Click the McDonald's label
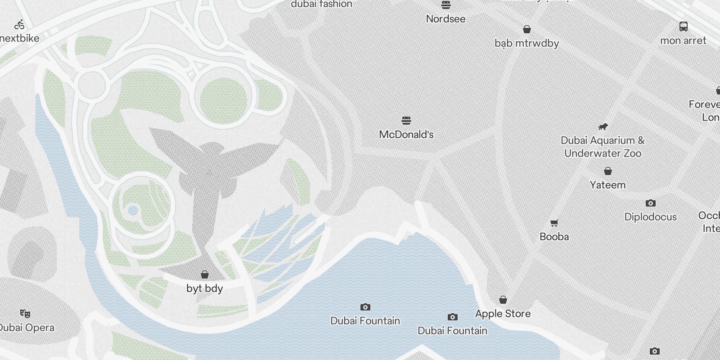point(406,134)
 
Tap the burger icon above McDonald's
point(406,121)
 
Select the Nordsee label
point(445,19)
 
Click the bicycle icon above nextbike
point(19,25)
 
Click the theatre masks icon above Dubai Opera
point(25,313)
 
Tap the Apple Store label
point(503,314)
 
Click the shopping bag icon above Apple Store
point(503,300)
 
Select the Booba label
point(554,237)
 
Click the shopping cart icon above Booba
point(554,223)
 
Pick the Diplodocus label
point(650,217)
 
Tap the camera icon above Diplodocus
point(650,203)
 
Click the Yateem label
point(607,185)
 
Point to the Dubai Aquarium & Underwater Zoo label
point(603,147)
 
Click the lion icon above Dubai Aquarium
point(603,126)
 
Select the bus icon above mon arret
point(683,27)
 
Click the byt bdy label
point(205,288)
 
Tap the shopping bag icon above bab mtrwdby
point(527,30)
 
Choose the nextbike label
point(20,38)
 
